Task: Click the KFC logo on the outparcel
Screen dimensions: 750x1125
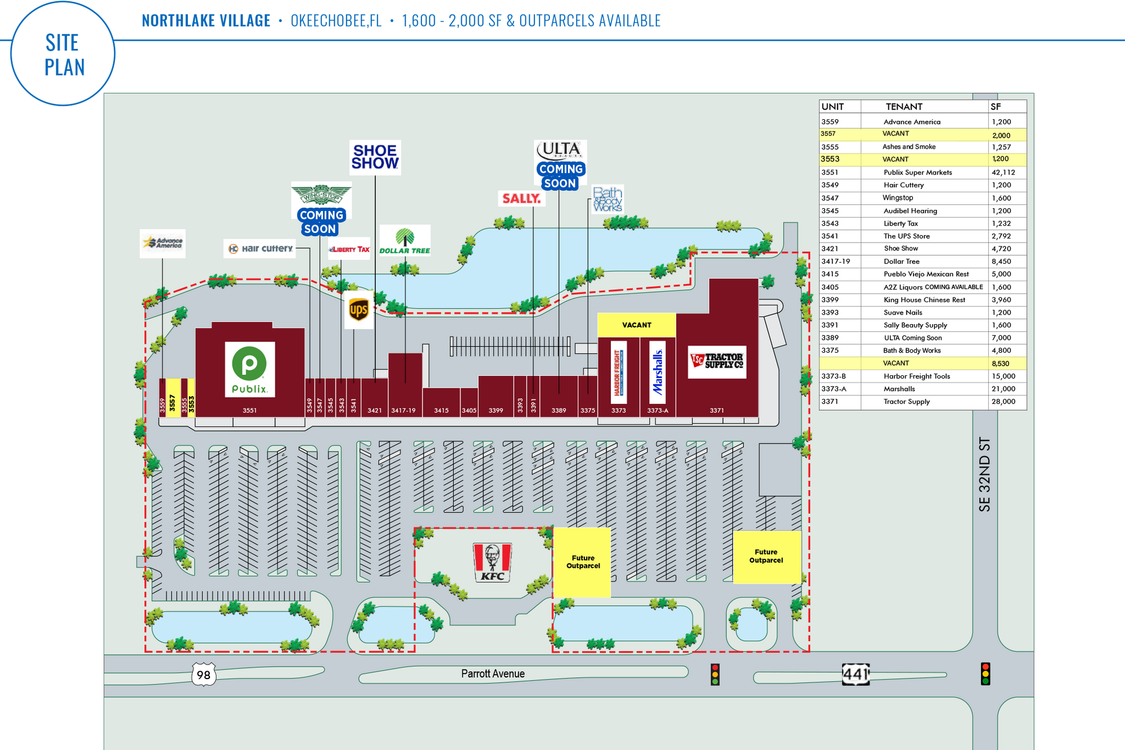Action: pos(492,562)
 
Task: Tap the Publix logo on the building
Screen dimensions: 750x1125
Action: pos(250,369)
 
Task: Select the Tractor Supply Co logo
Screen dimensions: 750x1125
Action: pos(717,362)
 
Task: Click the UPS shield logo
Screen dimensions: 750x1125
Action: pos(359,309)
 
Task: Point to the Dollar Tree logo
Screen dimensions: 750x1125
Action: pos(404,241)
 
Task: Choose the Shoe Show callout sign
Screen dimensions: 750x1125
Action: pos(375,157)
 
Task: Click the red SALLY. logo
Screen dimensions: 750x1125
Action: pos(521,199)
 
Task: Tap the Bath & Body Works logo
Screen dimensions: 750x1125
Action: pos(607,200)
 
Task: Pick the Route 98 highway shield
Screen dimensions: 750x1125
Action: pos(204,674)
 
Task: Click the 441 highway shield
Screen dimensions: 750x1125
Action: pos(856,674)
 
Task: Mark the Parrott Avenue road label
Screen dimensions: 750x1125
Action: pos(493,673)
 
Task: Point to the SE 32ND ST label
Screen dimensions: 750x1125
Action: pos(984,474)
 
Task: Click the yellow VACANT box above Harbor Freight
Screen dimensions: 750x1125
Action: pos(636,325)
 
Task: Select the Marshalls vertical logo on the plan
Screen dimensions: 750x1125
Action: pos(658,372)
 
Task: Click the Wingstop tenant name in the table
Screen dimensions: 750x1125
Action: pos(898,198)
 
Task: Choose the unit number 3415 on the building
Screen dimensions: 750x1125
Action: pos(441,411)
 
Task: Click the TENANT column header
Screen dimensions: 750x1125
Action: pos(904,106)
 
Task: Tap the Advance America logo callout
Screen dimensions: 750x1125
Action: pos(163,243)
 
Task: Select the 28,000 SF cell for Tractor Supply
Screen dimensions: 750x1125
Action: pos(1003,402)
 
